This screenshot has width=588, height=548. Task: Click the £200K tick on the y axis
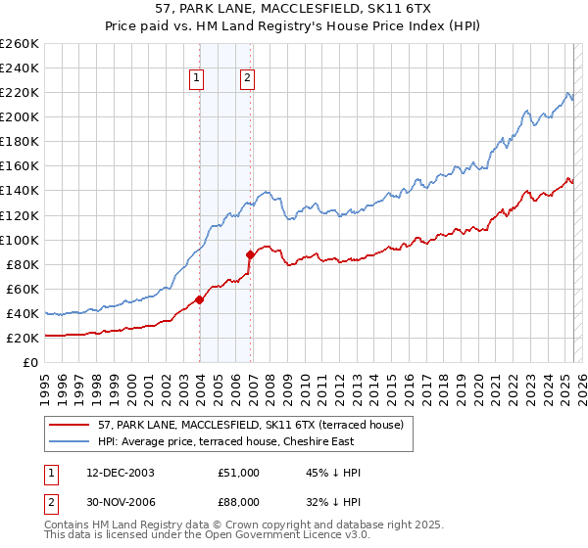21,117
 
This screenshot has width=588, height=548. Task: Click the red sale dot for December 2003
200,299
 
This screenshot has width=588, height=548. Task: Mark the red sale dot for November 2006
251,254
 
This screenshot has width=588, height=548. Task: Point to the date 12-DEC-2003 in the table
121,473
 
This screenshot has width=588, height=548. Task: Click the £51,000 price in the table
239,473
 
